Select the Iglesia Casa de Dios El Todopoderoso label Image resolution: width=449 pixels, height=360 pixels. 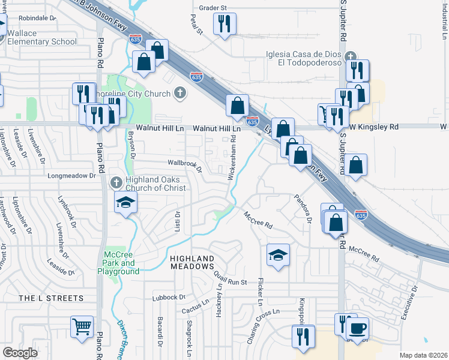(305, 58)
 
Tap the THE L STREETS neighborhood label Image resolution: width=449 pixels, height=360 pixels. (51, 298)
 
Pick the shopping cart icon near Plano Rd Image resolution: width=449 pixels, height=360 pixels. (82, 327)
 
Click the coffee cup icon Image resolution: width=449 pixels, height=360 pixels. (358, 329)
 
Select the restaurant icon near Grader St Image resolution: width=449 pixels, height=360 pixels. (225, 24)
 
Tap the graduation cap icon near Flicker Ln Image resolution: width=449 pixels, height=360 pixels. (279, 256)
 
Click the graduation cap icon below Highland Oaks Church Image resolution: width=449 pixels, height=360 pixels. (125, 203)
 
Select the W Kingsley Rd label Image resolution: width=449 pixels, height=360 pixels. (374, 127)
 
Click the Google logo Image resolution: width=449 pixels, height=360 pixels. (20, 352)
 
